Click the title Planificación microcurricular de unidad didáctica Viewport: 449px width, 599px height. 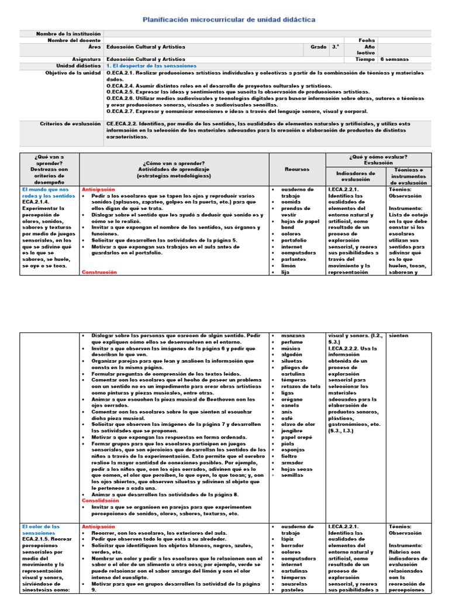pyautogui.click(x=229, y=20)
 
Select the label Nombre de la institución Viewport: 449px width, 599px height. pyautogui.click(x=70, y=34)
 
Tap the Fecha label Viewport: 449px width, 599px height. pyautogui.click(x=368, y=40)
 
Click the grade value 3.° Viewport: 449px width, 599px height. pyautogui.click(x=336, y=47)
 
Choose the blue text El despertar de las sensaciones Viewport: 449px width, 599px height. pyautogui.click(x=151, y=66)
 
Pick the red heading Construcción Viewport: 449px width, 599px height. pyautogui.click(x=99, y=272)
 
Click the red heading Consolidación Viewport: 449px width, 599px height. pyautogui.click(x=101, y=501)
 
